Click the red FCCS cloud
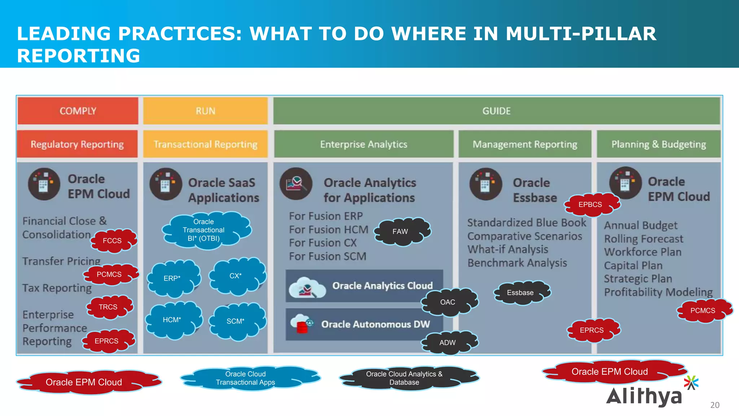pos(113,241)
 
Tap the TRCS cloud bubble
pos(108,307)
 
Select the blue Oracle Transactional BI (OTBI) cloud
pos(204,230)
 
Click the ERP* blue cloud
pos(172,278)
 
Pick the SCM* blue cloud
pos(236,321)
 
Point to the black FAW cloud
pos(401,231)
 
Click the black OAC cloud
pos(448,302)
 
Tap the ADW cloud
pos(448,343)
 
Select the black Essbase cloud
pos(520,293)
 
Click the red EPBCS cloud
pos(590,205)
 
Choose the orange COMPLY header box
pos(78,111)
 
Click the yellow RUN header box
pos(205,111)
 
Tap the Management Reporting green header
pos(525,144)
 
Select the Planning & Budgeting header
pos(659,144)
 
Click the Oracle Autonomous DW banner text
pos(375,324)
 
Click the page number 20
pos(714,405)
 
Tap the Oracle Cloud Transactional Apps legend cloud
pos(246,378)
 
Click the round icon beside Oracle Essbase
pos(485,185)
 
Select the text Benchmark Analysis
pos(517,263)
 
